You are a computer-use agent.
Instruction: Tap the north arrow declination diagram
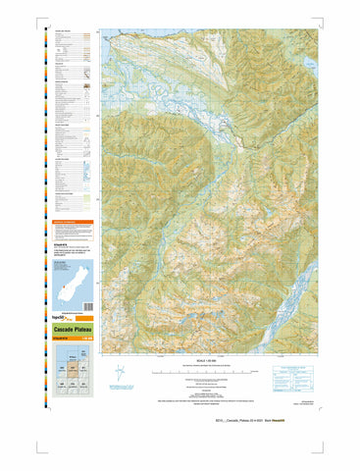point(120,373)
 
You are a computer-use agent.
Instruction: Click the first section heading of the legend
point(63,31)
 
